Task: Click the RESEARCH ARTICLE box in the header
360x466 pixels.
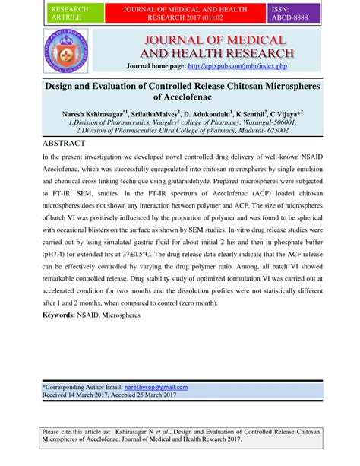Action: (69, 13)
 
